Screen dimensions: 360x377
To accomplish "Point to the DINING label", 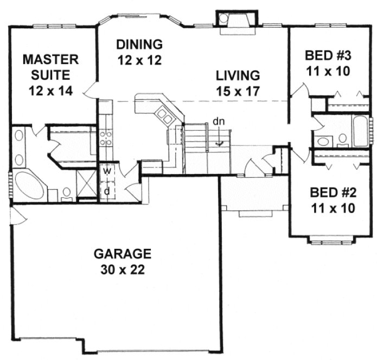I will (139, 44).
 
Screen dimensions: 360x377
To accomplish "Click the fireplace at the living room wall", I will (232, 20).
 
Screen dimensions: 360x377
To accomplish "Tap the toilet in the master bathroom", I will (66, 192).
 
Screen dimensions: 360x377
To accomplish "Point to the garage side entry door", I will (17, 217).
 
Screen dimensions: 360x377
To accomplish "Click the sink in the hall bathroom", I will (323, 141).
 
